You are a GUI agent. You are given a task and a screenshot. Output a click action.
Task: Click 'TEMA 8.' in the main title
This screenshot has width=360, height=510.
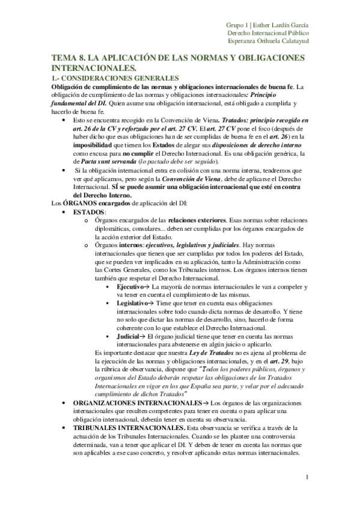69,58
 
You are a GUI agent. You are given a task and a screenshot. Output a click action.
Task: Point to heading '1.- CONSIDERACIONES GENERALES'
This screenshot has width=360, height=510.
111,78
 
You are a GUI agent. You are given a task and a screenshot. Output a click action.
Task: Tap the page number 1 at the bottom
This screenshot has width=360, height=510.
307,478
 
